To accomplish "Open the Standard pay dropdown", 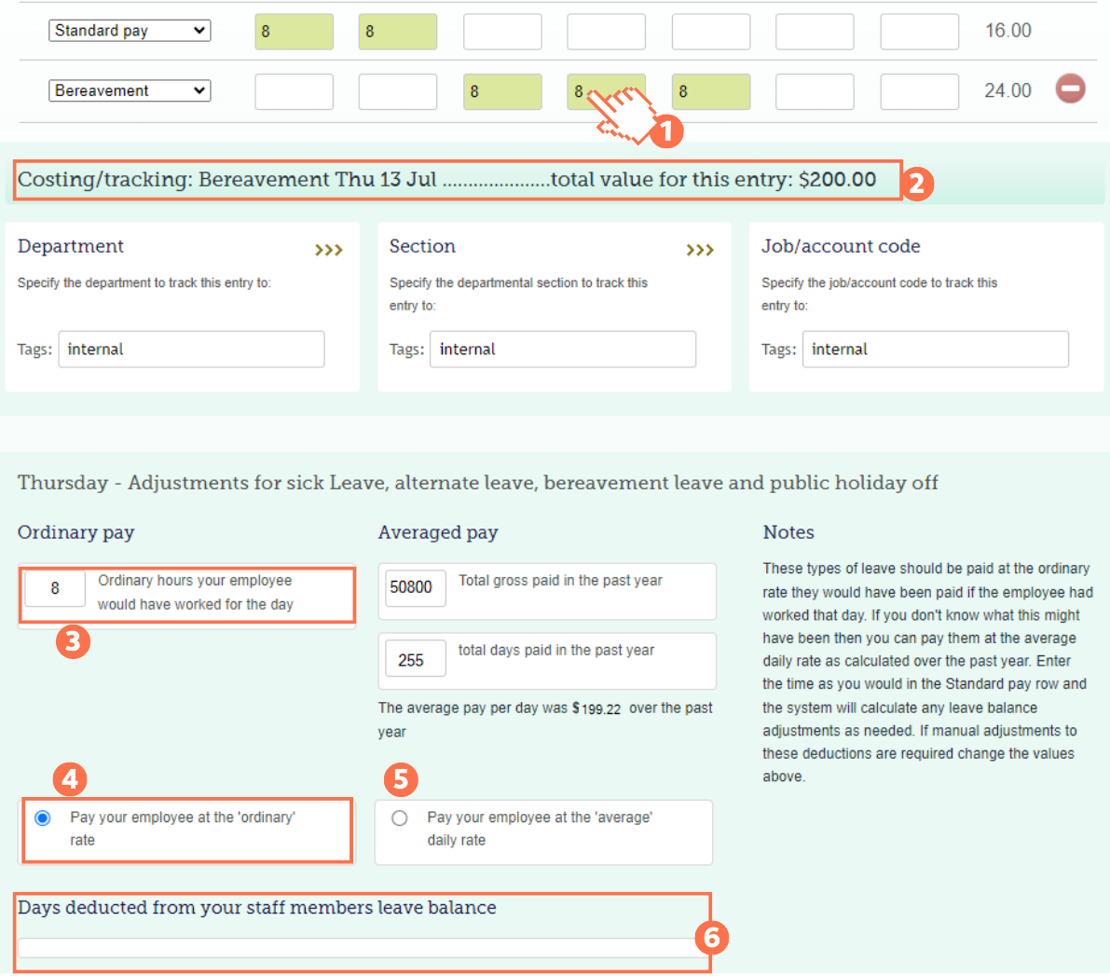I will point(130,31).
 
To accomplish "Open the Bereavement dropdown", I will point(130,90).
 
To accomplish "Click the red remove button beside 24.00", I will point(1070,89).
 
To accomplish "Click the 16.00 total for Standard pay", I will point(1007,31).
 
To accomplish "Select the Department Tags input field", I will point(191,350).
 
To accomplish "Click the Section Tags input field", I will point(562,350).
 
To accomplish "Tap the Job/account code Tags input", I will point(935,350).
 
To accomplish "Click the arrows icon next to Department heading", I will point(328,250).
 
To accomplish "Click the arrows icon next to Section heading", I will point(700,250).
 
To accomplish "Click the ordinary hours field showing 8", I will point(55,588).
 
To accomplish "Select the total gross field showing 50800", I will point(411,587).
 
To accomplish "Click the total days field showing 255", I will point(411,660).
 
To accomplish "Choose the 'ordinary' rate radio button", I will point(43,818).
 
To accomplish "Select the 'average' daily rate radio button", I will point(400,818).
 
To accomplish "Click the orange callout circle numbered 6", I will point(711,937).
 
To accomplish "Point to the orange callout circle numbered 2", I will point(916,183).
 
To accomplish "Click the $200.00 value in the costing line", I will point(837,180).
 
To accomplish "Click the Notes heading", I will point(788,532).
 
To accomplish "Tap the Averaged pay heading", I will point(438,532).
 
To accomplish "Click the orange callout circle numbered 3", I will point(73,641).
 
